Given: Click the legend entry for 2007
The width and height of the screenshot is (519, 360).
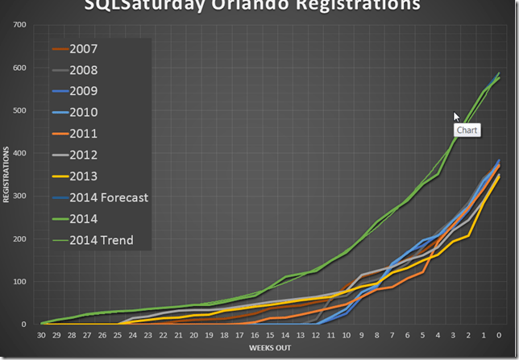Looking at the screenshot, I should (84, 49).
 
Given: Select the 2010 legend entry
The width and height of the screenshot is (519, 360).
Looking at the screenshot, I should (84, 113).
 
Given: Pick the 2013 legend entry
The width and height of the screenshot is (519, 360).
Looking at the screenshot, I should (84, 176).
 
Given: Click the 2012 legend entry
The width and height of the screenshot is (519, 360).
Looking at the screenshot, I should (84, 155).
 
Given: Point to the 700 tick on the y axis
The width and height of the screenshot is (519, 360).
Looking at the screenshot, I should (19, 25).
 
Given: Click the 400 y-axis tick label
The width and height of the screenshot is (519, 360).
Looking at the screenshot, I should (19, 153).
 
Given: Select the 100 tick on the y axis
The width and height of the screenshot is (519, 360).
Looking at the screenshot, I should (19, 281).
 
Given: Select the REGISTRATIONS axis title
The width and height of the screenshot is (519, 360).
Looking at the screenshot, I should (6, 174).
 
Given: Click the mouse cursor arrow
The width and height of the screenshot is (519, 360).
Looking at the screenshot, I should (456, 116).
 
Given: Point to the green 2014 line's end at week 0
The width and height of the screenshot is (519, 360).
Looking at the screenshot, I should (499, 77).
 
